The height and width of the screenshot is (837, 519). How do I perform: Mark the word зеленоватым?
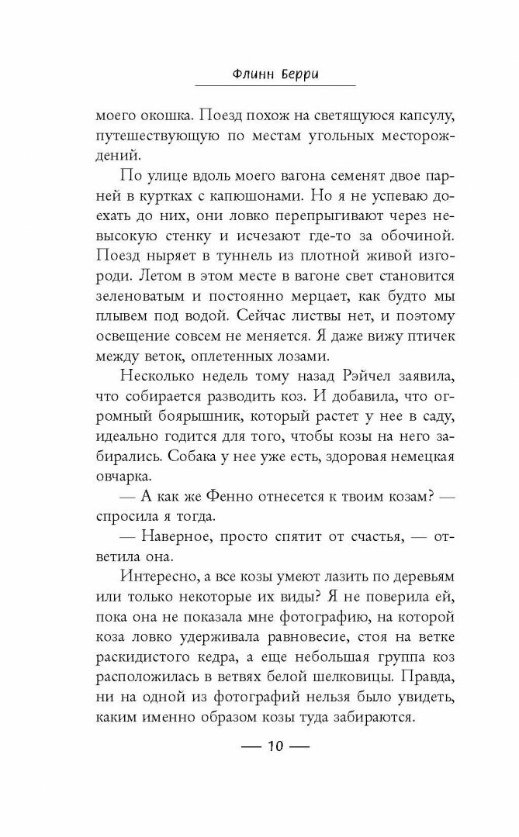pos(140,297)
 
